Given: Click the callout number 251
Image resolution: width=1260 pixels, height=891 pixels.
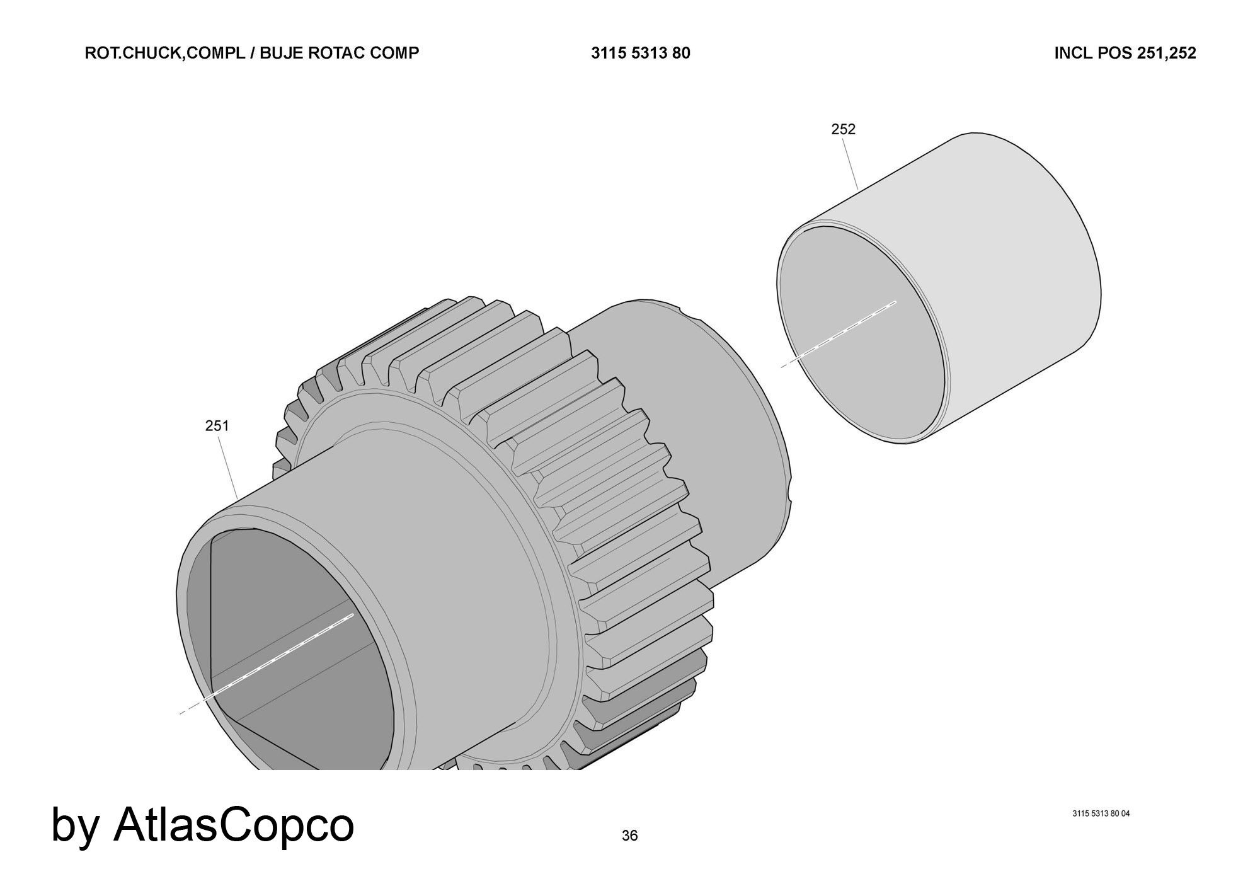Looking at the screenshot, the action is click(217, 426).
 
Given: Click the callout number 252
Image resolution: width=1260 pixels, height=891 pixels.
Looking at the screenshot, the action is click(844, 129).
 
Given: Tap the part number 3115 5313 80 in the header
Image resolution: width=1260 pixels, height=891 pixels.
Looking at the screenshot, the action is click(640, 53).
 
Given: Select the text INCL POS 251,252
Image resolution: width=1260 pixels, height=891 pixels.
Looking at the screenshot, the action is click(1125, 53).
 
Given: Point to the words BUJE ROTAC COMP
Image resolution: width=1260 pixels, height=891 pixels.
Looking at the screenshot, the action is click(339, 53).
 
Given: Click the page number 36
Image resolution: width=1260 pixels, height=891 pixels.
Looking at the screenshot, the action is click(629, 836).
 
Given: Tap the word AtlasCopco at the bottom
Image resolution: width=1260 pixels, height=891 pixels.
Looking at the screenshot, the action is click(234, 824).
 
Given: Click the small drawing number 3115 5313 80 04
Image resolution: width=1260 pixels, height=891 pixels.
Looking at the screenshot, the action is click(1101, 813).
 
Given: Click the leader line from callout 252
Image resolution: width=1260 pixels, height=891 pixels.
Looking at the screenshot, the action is click(850, 164).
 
